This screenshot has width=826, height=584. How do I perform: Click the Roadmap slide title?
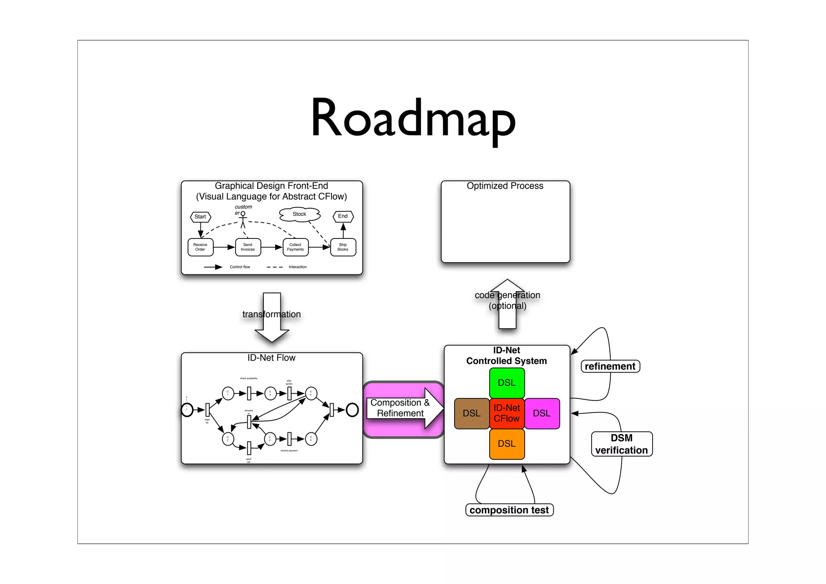[x=413, y=119]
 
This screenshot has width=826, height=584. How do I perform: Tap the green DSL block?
[x=507, y=383]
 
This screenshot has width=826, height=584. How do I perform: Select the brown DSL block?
[x=471, y=413]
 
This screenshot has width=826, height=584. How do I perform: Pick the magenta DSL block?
[x=542, y=413]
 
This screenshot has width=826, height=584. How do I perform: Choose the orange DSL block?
[x=507, y=444]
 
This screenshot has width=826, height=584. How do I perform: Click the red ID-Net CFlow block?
[x=507, y=413]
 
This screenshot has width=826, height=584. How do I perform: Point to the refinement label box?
[x=610, y=366]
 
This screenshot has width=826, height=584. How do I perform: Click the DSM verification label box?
[x=622, y=444]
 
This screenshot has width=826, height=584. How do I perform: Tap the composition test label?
[x=509, y=510]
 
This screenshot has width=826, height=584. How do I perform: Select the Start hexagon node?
[x=200, y=217]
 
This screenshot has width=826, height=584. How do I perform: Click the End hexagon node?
[x=343, y=216]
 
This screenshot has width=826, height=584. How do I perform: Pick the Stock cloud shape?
[x=299, y=214]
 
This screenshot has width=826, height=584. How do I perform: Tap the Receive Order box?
[x=200, y=247]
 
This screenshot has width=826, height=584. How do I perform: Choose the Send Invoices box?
[x=248, y=247]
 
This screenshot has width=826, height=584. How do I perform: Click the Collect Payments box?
[x=295, y=247]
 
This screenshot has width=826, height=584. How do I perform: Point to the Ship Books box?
[x=343, y=247]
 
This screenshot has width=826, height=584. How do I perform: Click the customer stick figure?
[x=243, y=220]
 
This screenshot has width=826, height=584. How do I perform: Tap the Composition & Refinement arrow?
[x=403, y=408]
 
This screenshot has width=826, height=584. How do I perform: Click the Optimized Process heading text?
[x=505, y=186]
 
